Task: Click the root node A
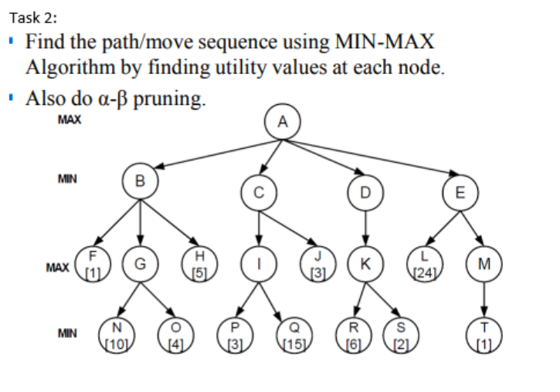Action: [x=283, y=122]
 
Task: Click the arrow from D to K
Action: [x=365, y=228]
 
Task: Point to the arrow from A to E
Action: [x=378, y=158]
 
